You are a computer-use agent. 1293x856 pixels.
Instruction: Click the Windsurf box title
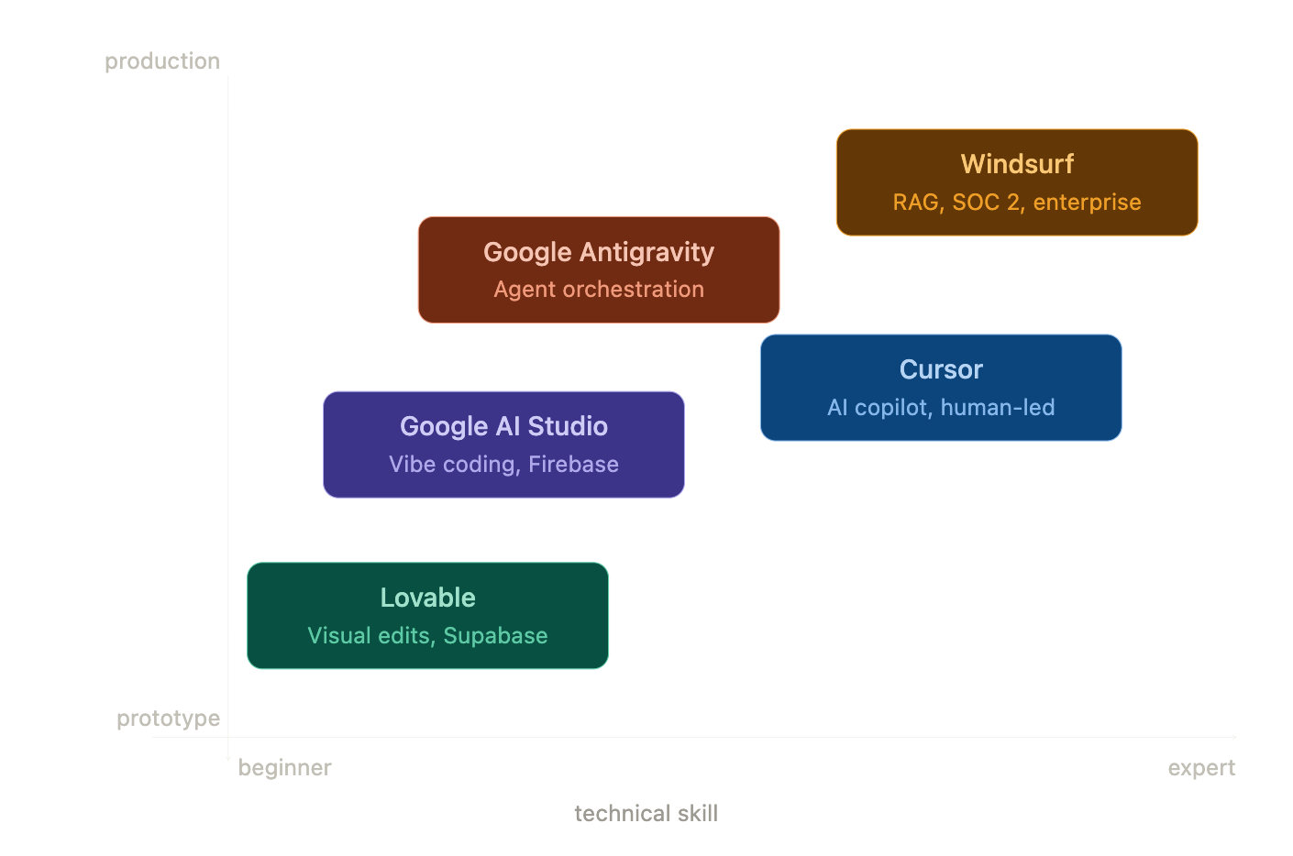1017,164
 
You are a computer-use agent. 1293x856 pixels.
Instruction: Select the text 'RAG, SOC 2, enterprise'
1017,203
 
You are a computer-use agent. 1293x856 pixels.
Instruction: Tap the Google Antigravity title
599,252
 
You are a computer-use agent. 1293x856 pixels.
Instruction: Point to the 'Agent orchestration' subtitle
599,290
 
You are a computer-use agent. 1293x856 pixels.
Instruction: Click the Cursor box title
941,369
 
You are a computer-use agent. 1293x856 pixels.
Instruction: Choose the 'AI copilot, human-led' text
941,408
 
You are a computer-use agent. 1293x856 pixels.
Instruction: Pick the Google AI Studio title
503,426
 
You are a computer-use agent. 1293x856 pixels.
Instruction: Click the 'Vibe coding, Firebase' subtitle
503,465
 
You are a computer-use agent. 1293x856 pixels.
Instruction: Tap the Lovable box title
428,598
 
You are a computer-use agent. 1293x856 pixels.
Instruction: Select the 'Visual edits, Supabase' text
428,636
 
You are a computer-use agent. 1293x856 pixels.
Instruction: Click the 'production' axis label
162,61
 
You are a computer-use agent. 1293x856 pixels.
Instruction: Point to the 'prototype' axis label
169,719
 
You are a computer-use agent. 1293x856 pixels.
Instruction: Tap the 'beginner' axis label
285,768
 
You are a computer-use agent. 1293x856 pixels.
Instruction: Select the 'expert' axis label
1201,768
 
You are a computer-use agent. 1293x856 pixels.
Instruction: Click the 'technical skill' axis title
646,814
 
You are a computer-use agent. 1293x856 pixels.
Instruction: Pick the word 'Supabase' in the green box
495,636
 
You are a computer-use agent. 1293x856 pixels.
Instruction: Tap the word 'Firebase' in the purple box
573,465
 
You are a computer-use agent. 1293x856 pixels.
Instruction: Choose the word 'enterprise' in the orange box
1087,203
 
